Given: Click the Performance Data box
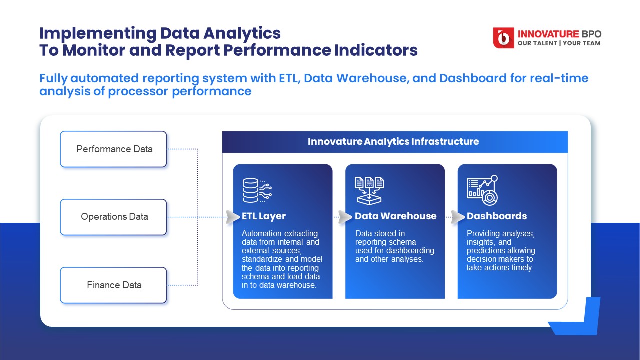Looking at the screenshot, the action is (x=113, y=149).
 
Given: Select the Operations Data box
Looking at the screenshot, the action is (x=113, y=217).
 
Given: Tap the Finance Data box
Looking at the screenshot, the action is (x=113, y=285).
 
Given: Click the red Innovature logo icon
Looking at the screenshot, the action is (x=503, y=38).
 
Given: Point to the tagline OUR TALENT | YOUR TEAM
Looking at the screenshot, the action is (x=559, y=43).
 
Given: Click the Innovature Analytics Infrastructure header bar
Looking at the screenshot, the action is (x=395, y=142).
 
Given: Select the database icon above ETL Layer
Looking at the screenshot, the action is (x=257, y=190).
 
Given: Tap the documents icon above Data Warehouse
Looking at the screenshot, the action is (x=369, y=190).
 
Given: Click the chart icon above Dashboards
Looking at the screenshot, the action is (x=482, y=190).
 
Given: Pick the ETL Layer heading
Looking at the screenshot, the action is (x=263, y=216).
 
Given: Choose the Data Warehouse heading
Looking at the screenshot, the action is (x=395, y=216).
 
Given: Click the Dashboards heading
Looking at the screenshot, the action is (x=497, y=216).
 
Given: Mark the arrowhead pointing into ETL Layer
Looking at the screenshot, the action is (x=233, y=217).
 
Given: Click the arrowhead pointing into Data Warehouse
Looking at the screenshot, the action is (x=345, y=217).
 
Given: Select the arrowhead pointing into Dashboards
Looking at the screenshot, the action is (x=458, y=217).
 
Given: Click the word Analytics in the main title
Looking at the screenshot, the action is (x=242, y=33).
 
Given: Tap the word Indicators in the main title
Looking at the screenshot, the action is (x=376, y=50).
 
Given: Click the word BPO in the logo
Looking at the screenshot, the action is (x=591, y=34).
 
